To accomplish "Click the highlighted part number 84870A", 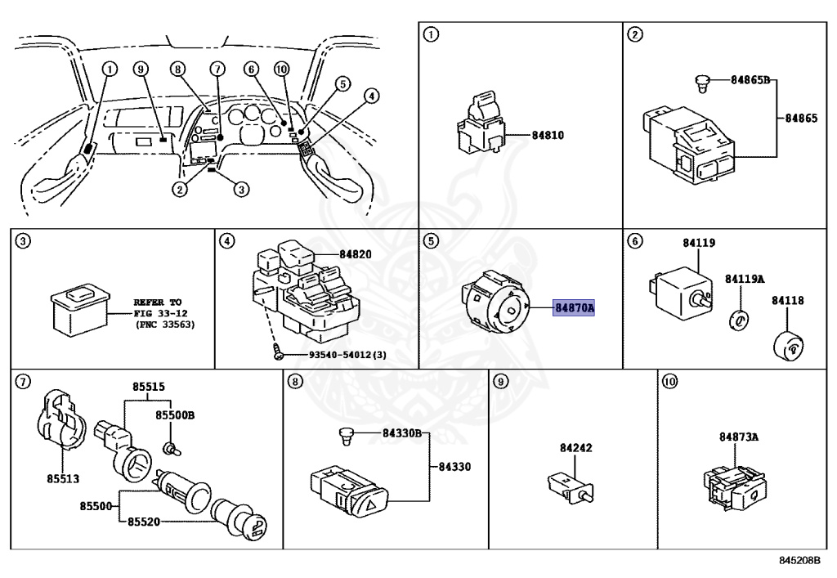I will click(x=575, y=308).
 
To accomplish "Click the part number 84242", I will click(x=576, y=448).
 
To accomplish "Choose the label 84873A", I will click(x=739, y=437).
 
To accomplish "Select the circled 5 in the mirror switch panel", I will click(x=431, y=241).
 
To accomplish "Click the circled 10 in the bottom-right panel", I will click(x=670, y=381).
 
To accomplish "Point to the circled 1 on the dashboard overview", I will click(x=110, y=69).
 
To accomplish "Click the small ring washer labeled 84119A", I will click(x=738, y=319).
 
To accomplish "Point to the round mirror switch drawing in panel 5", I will click(x=495, y=304).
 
